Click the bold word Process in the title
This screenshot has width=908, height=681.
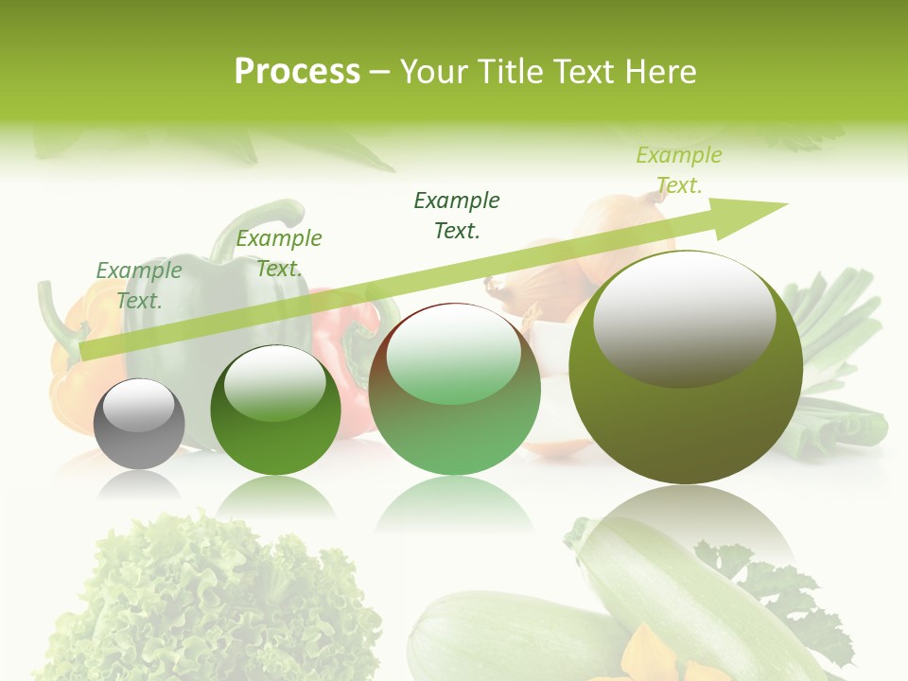point(297,72)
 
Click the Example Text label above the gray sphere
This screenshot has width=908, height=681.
point(139,285)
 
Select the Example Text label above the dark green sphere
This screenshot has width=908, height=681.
point(278,253)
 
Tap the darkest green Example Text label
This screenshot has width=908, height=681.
point(457,215)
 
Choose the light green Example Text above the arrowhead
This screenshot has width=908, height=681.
point(678,169)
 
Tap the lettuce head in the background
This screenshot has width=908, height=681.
point(208,596)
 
